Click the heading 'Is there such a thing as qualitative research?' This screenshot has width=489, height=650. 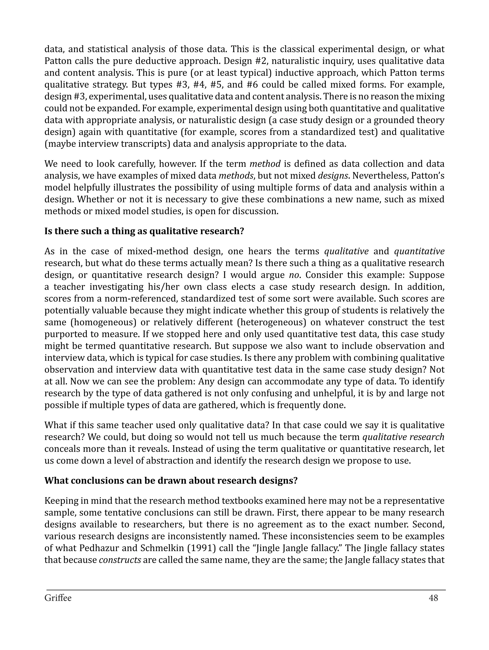pos(144,231)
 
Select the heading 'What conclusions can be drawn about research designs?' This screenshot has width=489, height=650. pos(171,480)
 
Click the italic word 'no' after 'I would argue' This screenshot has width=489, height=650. pos(292,275)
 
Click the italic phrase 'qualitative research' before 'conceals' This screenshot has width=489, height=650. pos(403,437)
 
